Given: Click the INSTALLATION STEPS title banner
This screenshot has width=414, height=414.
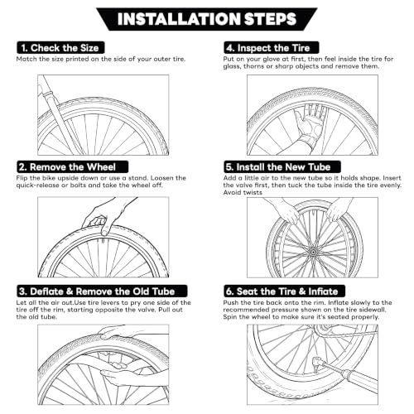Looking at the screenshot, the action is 207,19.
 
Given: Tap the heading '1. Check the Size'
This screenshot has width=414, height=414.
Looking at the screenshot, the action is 60,48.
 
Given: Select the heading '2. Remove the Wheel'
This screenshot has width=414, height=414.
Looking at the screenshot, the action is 72,167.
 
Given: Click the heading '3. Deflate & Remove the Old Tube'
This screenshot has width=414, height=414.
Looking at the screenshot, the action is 102,291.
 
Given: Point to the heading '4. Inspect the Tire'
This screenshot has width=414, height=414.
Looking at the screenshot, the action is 272,48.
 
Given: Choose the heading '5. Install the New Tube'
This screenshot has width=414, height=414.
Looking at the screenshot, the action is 282,167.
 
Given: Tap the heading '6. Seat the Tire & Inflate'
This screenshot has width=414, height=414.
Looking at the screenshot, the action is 284,291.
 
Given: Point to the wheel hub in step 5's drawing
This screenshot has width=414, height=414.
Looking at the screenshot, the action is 313,252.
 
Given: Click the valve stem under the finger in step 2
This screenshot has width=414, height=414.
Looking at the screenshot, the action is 103,240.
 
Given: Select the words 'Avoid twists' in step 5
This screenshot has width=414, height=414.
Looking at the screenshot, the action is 243,192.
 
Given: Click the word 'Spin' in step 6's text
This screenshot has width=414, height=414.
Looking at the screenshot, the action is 230,317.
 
